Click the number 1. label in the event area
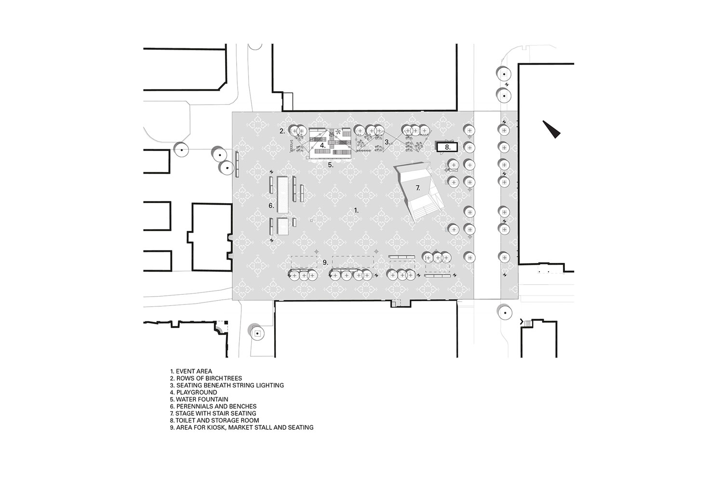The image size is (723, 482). [x=356, y=210]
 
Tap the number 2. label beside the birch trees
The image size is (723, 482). [x=282, y=131]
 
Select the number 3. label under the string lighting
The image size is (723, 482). [x=388, y=142]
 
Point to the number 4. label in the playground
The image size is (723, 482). [x=323, y=145]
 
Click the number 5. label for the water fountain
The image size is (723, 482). [x=331, y=165]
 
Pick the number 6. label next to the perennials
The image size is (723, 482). [x=271, y=206]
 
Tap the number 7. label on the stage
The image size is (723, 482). [x=418, y=188]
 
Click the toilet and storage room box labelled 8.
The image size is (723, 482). [x=447, y=147]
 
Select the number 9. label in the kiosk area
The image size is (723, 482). [x=325, y=262]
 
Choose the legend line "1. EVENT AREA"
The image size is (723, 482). [x=191, y=372]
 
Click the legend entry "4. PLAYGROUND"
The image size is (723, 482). [x=194, y=393]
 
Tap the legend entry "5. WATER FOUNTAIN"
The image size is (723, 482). [x=199, y=399]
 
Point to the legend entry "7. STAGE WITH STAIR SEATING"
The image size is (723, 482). [x=213, y=413]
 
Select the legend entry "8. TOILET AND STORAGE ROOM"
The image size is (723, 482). [x=214, y=421]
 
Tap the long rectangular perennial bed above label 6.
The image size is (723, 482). [x=283, y=194]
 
